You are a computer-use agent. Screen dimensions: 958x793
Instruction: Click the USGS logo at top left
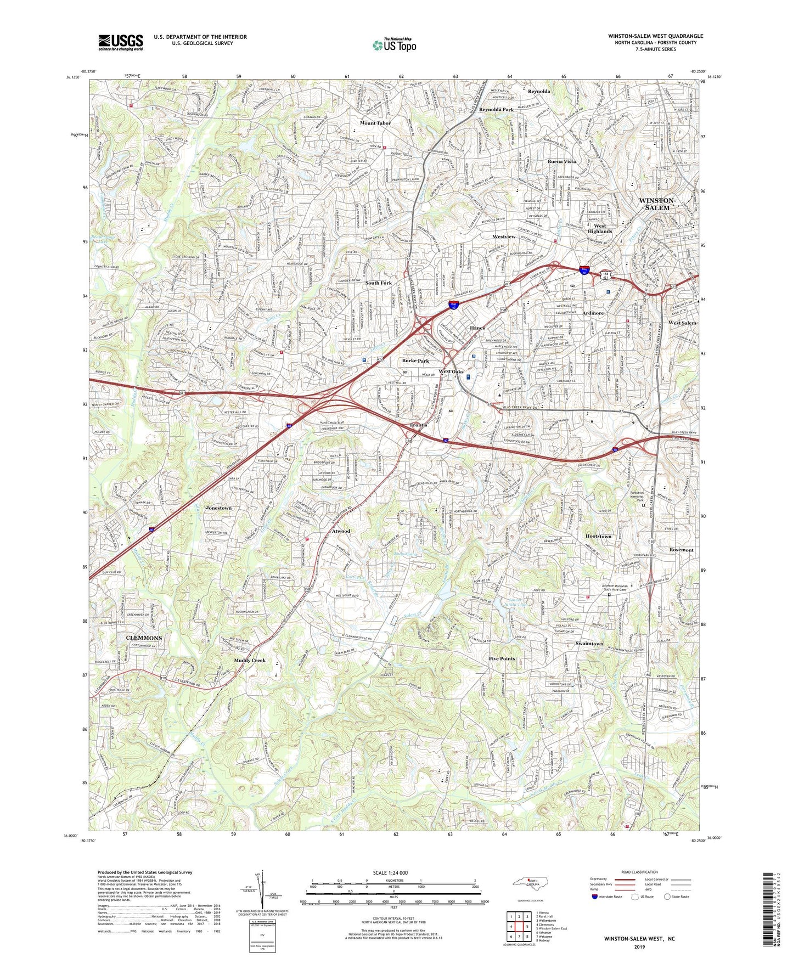coord(121,42)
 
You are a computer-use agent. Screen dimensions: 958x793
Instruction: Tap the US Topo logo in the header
coord(393,45)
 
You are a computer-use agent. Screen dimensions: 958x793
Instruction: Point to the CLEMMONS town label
coord(144,638)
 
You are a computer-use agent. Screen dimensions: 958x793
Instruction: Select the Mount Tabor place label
coord(375,123)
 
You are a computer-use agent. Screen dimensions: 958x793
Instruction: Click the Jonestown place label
coord(218,508)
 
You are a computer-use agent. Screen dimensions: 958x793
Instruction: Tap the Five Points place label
coord(502,658)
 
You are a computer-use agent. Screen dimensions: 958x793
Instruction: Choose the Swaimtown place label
coord(589,644)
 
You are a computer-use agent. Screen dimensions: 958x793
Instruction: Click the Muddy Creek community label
coord(250,660)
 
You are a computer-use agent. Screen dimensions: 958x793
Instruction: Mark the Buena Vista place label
coord(561,162)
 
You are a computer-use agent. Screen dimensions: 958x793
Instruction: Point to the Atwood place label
coord(341,531)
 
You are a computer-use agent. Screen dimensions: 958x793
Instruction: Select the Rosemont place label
coord(681,550)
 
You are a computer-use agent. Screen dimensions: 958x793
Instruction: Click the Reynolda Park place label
coord(496,110)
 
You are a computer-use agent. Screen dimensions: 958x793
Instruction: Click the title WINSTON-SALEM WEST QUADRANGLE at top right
coord(655,36)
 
